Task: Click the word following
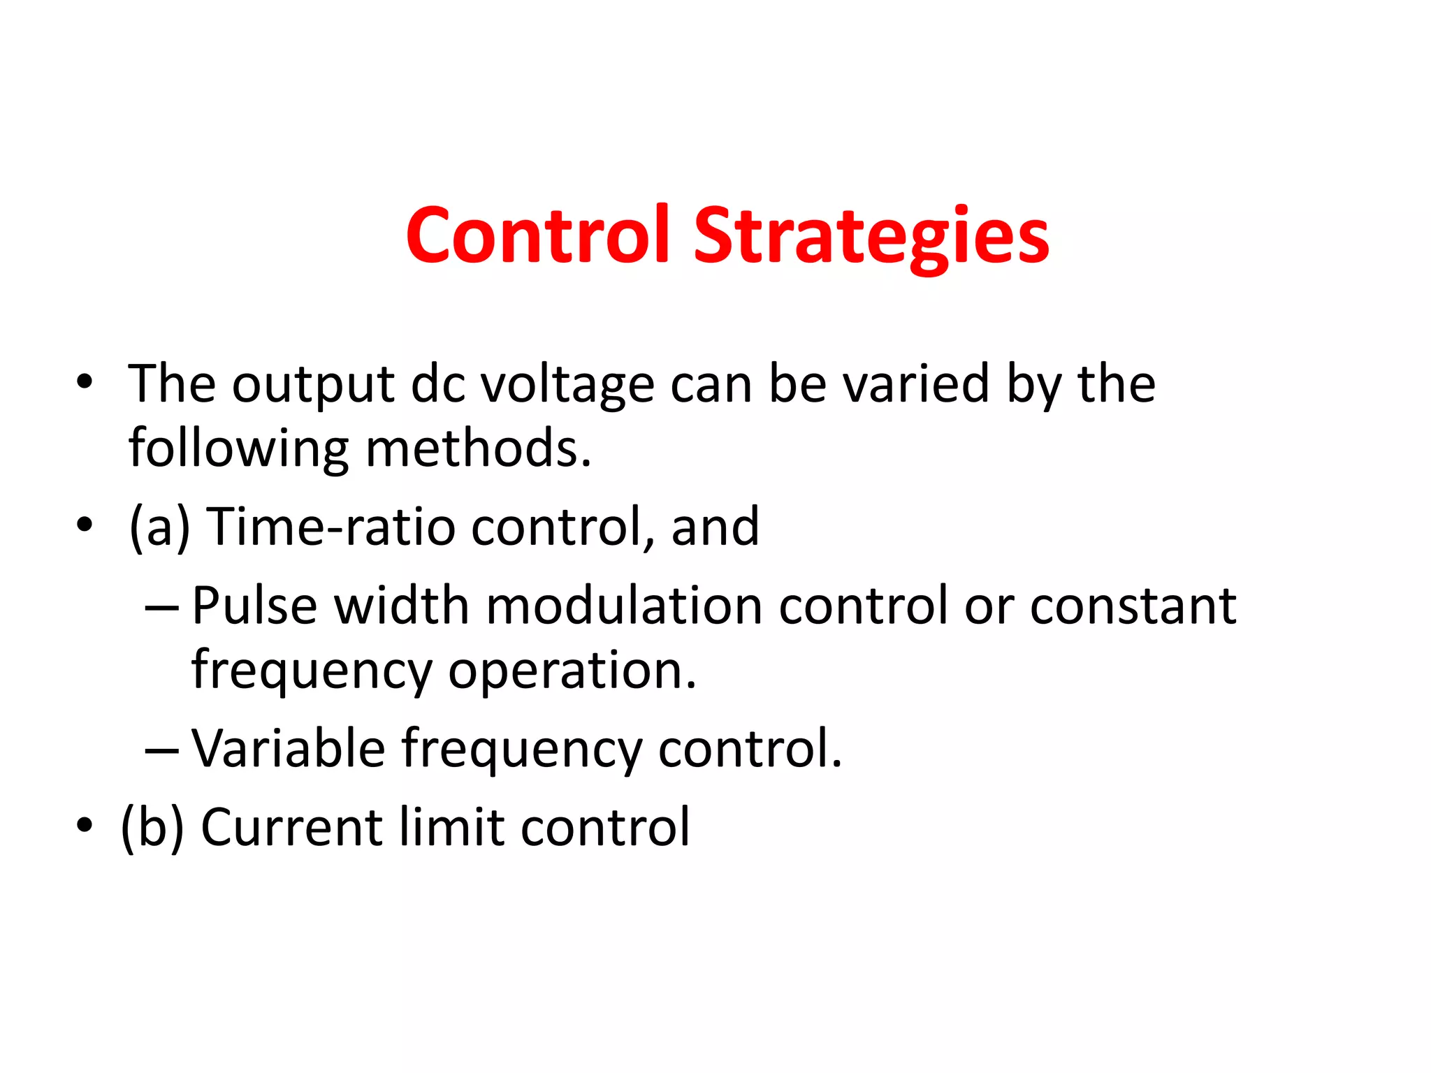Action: [238, 448]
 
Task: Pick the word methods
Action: [479, 448]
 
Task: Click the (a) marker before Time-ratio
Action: [160, 527]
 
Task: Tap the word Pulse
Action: [255, 605]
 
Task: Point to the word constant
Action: [1133, 605]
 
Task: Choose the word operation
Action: [572, 670]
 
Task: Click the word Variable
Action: [289, 748]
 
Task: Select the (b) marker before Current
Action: [153, 827]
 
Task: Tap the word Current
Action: [292, 827]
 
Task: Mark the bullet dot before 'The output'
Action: [85, 382]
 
